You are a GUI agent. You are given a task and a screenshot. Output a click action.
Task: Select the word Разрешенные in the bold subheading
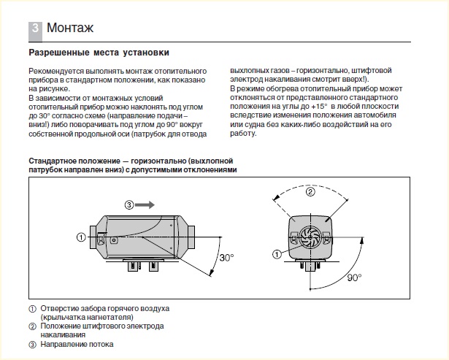point(57,53)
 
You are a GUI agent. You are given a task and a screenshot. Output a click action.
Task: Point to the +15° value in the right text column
point(317,106)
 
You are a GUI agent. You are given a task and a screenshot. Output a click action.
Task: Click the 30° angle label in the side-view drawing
point(226,257)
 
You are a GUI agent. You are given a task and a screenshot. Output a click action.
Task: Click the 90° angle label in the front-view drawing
point(355,278)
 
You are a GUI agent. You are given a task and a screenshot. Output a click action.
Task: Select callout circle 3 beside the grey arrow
point(129,205)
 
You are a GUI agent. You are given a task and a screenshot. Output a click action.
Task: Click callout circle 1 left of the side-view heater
point(80,236)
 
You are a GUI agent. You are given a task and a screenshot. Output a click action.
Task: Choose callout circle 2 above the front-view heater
point(309,192)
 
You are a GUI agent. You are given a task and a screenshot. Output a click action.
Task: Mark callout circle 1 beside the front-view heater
point(276,254)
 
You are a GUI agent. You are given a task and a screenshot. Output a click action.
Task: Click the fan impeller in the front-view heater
point(307,235)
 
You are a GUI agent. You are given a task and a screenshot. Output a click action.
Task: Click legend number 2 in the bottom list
point(33,326)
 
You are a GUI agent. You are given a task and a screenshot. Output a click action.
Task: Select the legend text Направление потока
point(77,344)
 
